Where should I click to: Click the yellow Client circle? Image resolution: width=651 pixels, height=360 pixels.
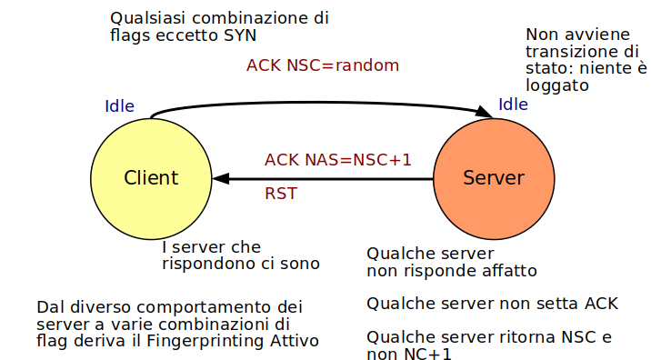[151, 178]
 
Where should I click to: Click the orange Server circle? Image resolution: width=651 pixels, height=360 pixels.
[493, 178]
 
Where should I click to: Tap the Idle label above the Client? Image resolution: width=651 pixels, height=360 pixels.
[120, 106]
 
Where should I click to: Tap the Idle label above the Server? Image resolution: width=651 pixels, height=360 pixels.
[513, 105]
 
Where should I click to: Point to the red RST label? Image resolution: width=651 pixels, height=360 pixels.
[281, 194]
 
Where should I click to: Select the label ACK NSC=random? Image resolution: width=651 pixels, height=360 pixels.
[323, 66]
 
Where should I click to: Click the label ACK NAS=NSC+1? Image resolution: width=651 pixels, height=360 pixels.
[338, 160]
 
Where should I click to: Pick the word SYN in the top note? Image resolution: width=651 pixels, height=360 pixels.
[238, 35]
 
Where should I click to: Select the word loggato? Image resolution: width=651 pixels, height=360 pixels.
[558, 85]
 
